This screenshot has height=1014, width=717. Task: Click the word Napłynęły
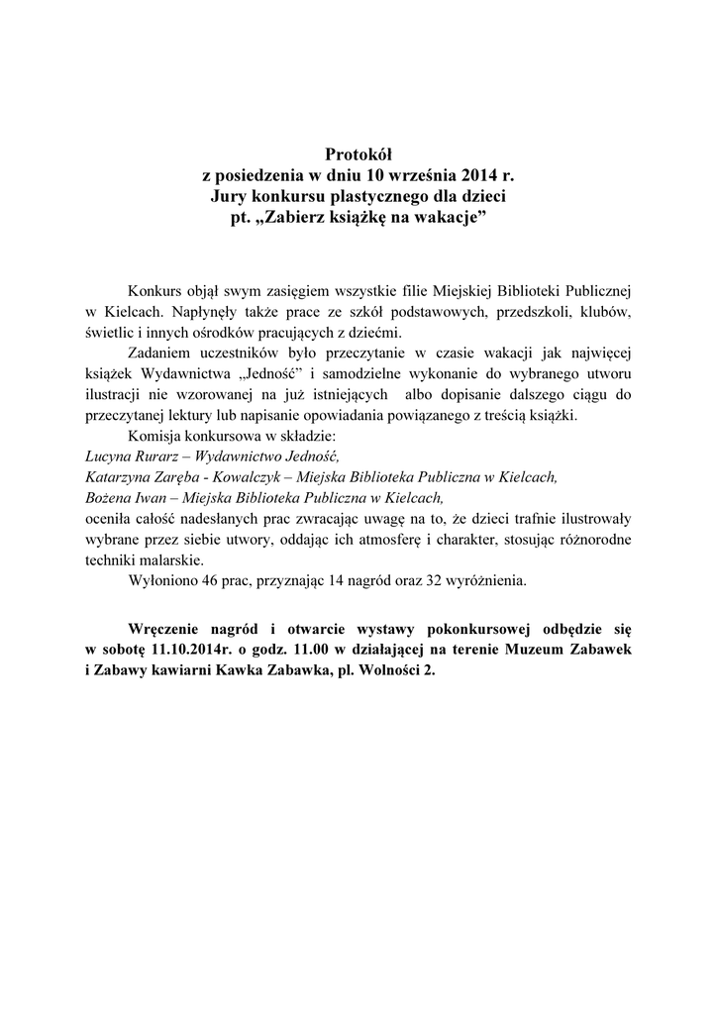(x=207, y=311)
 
